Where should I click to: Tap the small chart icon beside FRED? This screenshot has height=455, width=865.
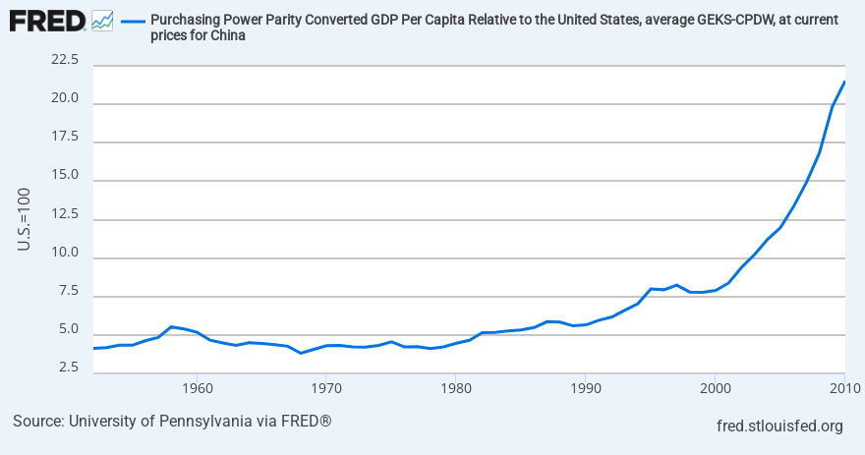[x=102, y=20]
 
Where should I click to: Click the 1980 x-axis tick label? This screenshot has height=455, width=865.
[x=455, y=386]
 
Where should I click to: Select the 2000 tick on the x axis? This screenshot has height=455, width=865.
[x=715, y=386]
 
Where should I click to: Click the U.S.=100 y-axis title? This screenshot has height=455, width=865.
[x=25, y=217]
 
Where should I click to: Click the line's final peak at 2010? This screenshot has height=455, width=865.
[x=844, y=82]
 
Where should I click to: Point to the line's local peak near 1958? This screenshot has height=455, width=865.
[x=171, y=326]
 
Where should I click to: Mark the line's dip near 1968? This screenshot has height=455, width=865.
[x=301, y=353]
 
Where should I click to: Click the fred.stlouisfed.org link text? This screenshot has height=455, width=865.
[x=781, y=426]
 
